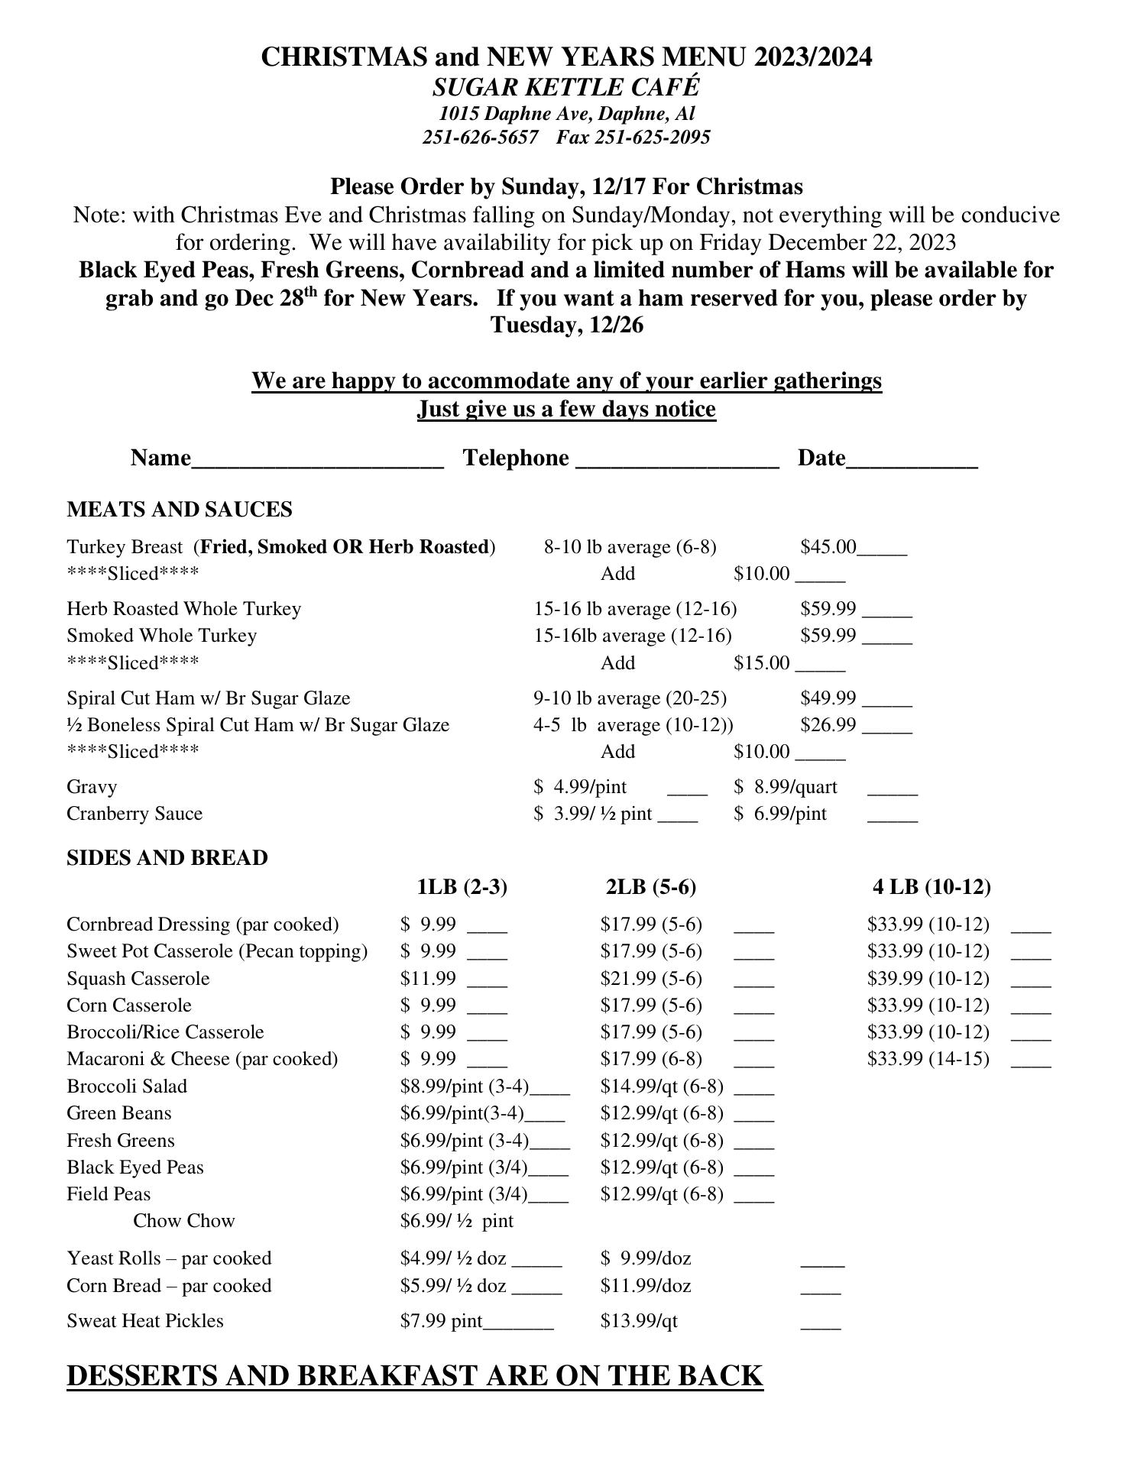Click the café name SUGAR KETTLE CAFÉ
click(x=566, y=87)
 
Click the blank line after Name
click(x=317, y=460)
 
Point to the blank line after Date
click(x=912, y=460)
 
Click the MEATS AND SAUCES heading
click(x=180, y=510)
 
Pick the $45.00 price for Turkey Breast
click(x=828, y=547)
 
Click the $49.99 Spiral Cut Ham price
click(x=828, y=698)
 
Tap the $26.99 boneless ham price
click(x=828, y=725)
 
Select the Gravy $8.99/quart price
click(x=786, y=787)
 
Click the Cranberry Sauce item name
click(x=134, y=814)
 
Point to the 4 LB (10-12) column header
click(x=932, y=887)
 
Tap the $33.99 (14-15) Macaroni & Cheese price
click(x=928, y=1059)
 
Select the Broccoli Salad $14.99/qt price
click(x=662, y=1086)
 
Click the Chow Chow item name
click(x=184, y=1221)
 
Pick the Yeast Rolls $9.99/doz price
click(x=646, y=1258)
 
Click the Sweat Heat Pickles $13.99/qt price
click(x=639, y=1321)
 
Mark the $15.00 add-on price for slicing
click(x=762, y=663)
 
